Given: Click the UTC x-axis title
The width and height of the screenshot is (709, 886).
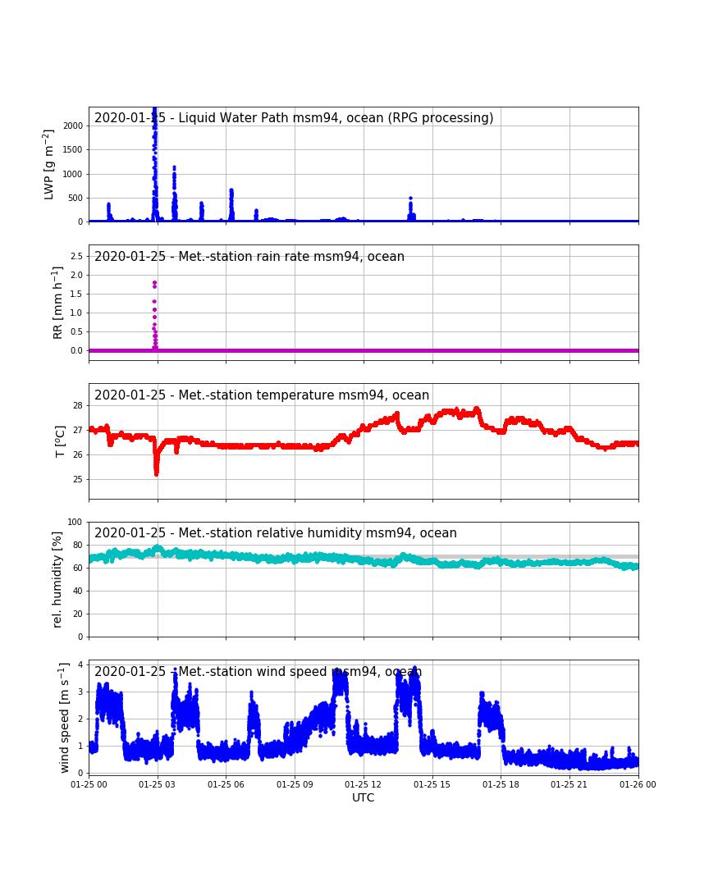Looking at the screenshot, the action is pyautogui.click(x=363, y=797).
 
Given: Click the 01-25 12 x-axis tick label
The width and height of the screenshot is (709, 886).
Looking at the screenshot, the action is pyautogui.click(x=363, y=784).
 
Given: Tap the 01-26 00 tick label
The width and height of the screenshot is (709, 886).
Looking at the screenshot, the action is pyautogui.click(x=638, y=784).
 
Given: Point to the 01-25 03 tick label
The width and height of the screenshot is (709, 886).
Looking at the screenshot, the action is pyautogui.click(x=158, y=784).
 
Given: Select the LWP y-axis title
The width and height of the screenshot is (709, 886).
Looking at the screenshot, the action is pyautogui.click(x=49, y=164).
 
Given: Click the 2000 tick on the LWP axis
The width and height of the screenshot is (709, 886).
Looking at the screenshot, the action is pyautogui.click(x=73, y=126).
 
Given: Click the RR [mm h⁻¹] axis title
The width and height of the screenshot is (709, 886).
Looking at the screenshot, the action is pyautogui.click(x=57, y=304).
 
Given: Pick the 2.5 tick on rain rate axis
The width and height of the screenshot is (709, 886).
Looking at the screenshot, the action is pyautogui.click(x=76, y=256).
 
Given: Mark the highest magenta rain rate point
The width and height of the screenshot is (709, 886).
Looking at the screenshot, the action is pyautogui.click(x=154, y=282).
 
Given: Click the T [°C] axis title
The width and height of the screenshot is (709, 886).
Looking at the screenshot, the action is pyautogui.click(x=60, y=441).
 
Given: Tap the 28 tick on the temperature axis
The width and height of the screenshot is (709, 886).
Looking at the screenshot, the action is pyautogui.click(x=77, y=405).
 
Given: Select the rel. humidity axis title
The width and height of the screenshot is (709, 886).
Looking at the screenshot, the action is pyautogui.click(x=57, y=580).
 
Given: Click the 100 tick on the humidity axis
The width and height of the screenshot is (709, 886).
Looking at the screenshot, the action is pyautogui.click(x=75, y=522).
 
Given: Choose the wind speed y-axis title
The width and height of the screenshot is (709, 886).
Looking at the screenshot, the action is pyautogui.click(x=65, y=718).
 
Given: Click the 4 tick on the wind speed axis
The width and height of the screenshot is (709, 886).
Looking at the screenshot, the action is pyautogui.click(x=80, y=664).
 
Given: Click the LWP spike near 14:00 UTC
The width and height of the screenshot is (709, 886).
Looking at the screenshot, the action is pyautogui.click(x=411, y=208).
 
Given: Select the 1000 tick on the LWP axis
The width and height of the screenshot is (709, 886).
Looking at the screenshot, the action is pyautogui.click(x=73, y=174).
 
